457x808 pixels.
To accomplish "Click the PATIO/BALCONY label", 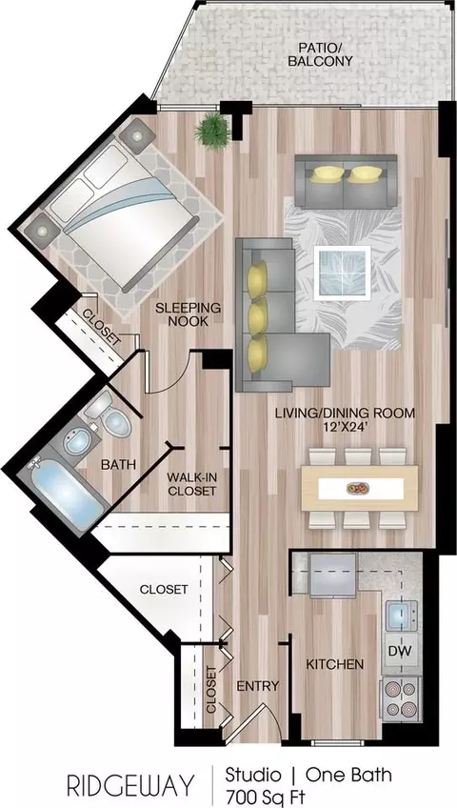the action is pyautogui.click(x=320, y=54).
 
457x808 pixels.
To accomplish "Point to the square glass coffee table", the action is pyautogui.click(x=342, y=273).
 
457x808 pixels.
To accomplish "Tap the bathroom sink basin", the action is pyautogui.click(x=78, y=442).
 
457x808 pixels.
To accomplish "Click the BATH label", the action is pyautogui.click(x=118, y=464).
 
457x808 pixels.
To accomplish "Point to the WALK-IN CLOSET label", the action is pyautogui.click(x=191, y=484).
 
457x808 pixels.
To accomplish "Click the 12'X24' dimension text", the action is pyautogui.click(x=345, y=427).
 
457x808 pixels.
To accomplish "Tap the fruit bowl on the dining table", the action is pyautogui.click(x=358, y=487).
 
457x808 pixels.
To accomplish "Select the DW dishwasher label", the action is pyautogui.click(x=400, y=651).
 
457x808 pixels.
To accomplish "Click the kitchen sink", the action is pyautogui.click(x=402, y=616).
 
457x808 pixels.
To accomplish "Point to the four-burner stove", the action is pyautogui.click(x=401, y=698).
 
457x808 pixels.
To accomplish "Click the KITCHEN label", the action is pyautogui.click(x=335, y=664).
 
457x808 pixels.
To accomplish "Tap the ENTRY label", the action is pyautogui.click(x=257, y=686).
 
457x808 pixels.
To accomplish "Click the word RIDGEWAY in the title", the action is pyautogui.click(x=130, y=786).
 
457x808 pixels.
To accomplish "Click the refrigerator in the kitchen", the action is pyautogui.click(x=333, y=576).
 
